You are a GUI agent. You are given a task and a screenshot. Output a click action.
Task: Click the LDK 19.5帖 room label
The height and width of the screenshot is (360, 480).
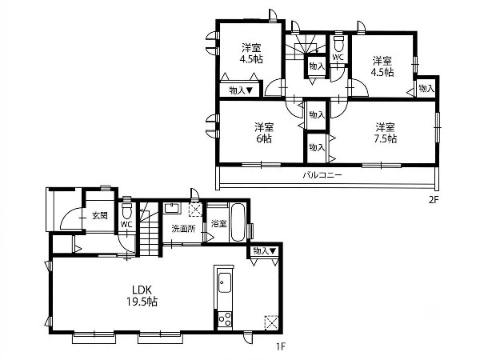pos(142,296)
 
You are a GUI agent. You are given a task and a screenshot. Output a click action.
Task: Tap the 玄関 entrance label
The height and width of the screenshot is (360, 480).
pos(100,216)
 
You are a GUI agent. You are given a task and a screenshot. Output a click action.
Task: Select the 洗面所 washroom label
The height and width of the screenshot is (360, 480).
pos(183,229)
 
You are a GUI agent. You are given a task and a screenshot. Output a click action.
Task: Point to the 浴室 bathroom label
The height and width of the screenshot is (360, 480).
pos(219,223)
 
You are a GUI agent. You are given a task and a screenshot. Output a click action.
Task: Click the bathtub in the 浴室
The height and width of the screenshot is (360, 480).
pos(238,222)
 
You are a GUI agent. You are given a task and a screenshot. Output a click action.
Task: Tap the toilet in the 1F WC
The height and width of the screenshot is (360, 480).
pos(126,210)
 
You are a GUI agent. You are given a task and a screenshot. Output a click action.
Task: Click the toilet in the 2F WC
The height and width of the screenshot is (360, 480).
pos(338,44)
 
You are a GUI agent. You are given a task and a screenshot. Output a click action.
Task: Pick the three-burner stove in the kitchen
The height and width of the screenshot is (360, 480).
pos(225,319)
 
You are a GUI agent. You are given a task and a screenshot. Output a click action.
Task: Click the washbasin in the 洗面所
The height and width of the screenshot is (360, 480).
pos(172,209)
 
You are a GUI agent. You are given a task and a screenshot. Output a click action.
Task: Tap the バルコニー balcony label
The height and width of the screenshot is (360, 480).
pos(322,175)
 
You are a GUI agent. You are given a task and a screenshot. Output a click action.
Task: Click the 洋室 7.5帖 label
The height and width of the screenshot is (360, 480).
pos(386,133)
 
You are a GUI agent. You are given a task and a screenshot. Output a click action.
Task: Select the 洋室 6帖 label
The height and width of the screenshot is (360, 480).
pos(263,133)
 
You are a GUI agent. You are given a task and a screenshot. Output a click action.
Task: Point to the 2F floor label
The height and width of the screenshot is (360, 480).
pos(434,200)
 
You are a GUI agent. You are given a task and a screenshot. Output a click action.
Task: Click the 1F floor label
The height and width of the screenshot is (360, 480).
pos(281,346)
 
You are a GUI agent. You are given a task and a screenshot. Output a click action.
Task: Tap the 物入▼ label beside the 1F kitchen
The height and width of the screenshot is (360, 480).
pos(265,251)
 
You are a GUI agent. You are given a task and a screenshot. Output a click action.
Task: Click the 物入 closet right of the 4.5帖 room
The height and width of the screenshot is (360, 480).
pos(426,89)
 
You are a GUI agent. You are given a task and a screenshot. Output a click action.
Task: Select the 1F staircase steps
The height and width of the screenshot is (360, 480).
pos(149,230)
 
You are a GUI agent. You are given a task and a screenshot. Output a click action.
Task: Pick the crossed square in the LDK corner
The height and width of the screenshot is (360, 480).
pos(271,322)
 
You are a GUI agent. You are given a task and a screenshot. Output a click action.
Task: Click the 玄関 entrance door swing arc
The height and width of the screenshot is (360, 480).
pos(66,214)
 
